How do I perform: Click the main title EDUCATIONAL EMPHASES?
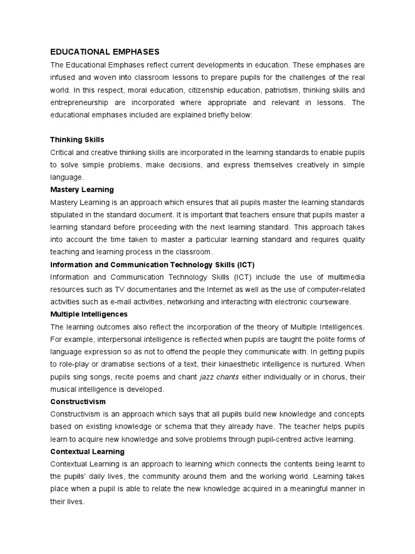[105, 52]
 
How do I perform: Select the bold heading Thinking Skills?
[77, 140]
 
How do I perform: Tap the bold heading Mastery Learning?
[82, 189]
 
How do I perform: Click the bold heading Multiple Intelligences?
[89, 314]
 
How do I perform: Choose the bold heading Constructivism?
[78, 401]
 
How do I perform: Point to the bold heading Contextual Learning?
[87, 451]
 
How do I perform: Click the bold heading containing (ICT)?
[152, 264]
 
